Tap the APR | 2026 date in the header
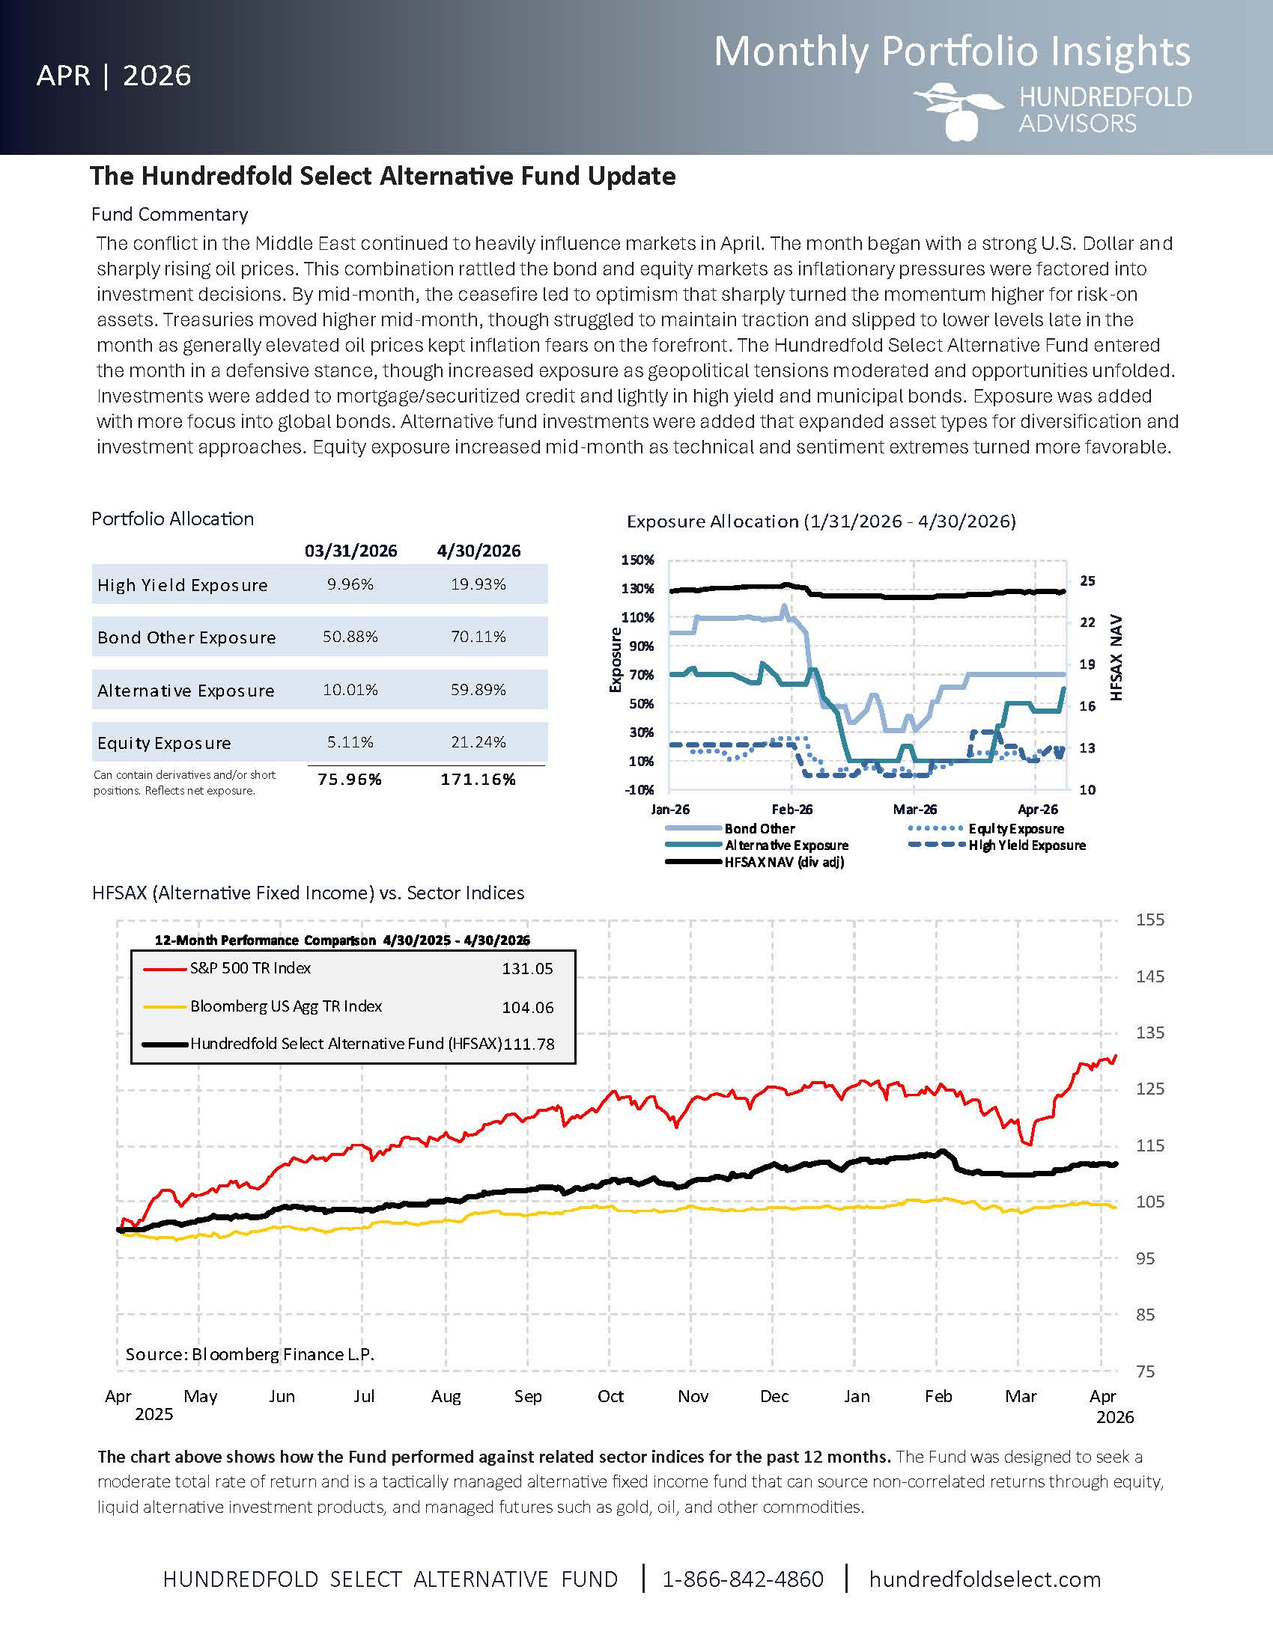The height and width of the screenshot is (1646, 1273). pos(114,76)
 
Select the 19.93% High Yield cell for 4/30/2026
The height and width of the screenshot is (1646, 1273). pos(478,584)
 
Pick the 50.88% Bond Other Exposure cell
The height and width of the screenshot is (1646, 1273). pos(350,637)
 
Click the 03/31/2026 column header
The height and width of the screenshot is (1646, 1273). pos(350,551)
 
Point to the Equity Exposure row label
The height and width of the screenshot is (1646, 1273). pos(165,743)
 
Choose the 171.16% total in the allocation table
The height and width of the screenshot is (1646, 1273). pos(478,780)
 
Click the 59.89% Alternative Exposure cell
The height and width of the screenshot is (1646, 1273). pos(478,690)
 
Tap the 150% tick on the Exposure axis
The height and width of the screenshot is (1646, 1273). pos(637,560)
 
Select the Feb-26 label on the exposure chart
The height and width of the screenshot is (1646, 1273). pos(792,810)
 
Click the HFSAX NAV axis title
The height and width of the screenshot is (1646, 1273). pos(1117,658)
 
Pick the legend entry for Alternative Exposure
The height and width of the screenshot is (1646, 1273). pos(757,845)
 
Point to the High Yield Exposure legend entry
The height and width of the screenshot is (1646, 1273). pos(997,845)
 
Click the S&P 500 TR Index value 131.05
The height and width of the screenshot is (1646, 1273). pos(527,968)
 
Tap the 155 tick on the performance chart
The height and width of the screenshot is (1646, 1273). pos(1150,920)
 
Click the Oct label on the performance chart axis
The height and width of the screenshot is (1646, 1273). pos(610,1397)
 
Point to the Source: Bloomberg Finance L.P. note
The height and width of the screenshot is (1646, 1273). pos(249,1354)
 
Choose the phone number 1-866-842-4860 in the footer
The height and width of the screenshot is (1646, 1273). pos(743,1579)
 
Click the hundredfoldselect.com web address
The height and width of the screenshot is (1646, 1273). pos(985,1579)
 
